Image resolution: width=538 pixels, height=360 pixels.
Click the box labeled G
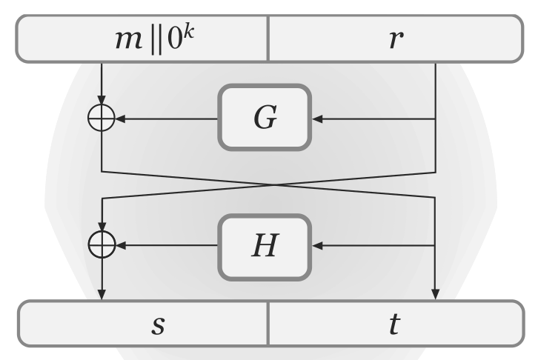pos(263,118)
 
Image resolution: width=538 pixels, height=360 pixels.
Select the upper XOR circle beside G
pos(102,118)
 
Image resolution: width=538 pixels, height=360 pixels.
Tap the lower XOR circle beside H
pos(102,244)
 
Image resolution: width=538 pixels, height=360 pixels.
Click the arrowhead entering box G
pos(316,118)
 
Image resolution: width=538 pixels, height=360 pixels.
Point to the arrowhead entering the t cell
pos(436,295)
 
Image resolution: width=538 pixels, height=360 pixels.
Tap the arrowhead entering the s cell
pos(102,295)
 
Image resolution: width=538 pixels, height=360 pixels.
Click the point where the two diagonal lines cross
pos(268,184)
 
